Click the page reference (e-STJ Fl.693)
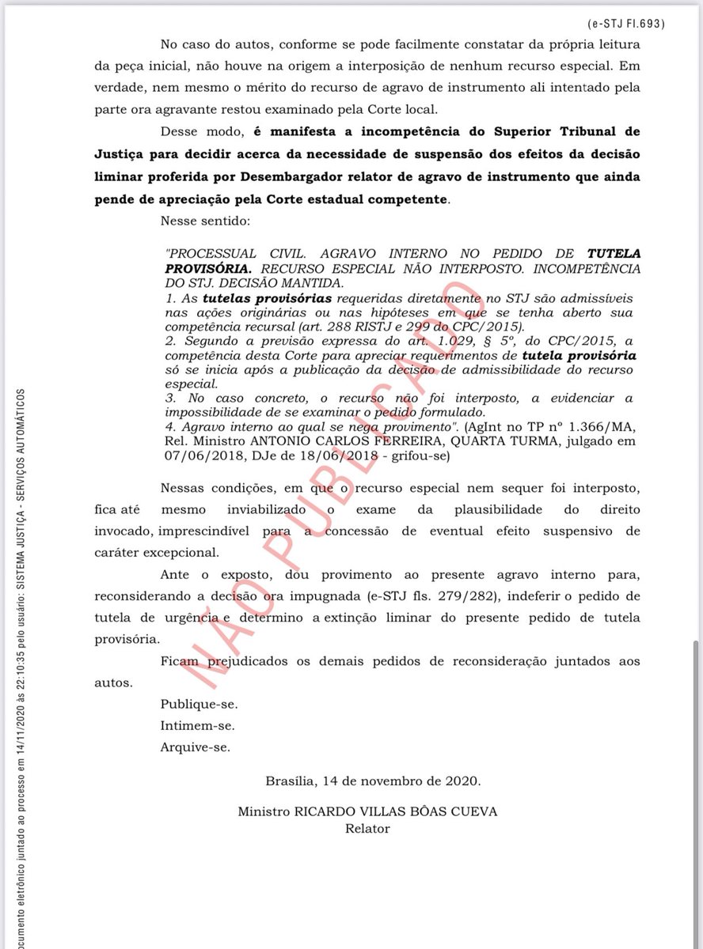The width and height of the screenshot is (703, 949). point(625,23)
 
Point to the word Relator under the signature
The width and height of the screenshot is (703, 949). point(367,829)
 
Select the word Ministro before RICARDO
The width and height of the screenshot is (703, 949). point(266,812)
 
